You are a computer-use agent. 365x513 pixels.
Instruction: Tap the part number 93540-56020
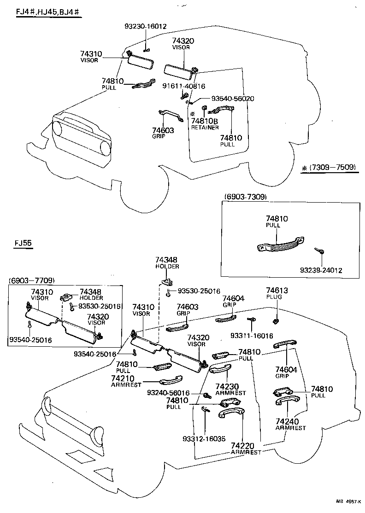pos(233,99)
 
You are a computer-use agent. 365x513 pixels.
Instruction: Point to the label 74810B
pos(204,121)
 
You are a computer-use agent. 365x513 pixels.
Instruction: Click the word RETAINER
pos(205,128)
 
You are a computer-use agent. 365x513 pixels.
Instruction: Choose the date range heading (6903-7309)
pos(245,197)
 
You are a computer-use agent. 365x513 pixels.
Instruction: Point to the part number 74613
pos(277,290)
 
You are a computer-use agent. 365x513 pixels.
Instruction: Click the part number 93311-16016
pos(253,336)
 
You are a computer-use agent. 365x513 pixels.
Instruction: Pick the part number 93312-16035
pos(204,439)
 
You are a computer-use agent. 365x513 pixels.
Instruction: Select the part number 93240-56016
pos(168,393)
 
